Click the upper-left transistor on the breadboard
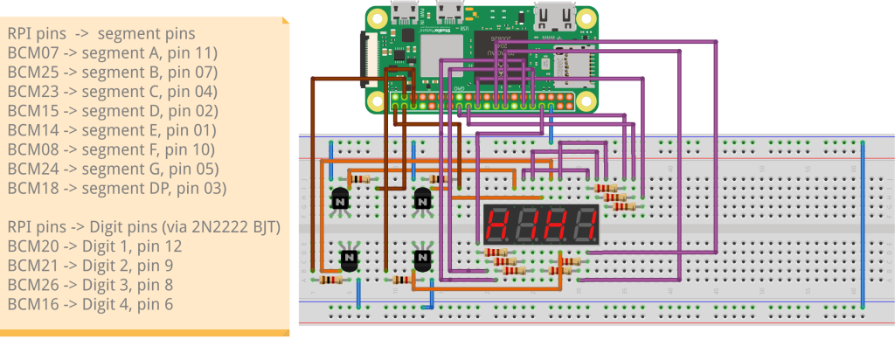pyautogui.click(x=340, y=201)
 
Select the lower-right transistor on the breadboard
pyautogui.click(x=423, y=260)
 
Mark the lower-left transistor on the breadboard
pyautogui.click(x=350, y=260)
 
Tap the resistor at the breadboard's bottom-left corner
pyautogui.click(x=330, y=280)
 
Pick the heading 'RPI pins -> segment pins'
pyautogui.click(x=101, y=34)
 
